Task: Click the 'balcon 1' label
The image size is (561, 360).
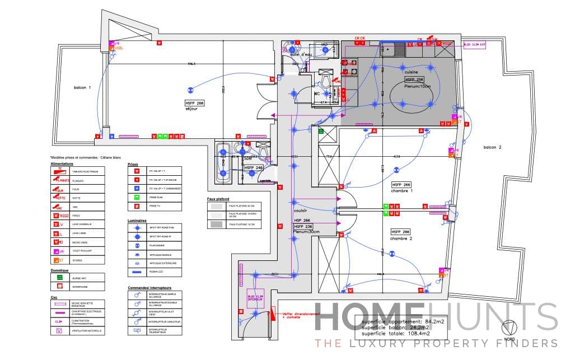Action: pyautogui.click(x=82, y=88)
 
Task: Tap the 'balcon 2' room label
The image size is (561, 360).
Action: pyautogui.click(x=493, y=147)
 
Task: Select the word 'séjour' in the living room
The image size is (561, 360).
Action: pyautogui.click(x=192, y=109)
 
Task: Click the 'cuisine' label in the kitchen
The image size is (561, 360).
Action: pyautogui.click(x=412, y=72)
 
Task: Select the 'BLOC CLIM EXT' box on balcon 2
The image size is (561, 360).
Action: pyautogui.click(x=475, y=44)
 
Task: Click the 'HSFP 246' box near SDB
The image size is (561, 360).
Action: pyautogui.click(x=254, y=167)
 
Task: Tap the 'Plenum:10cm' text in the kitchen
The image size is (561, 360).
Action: pyautogui.click(x=418, y=86)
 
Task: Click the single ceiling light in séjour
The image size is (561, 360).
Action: pyautogui.click(x=190, y=88)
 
